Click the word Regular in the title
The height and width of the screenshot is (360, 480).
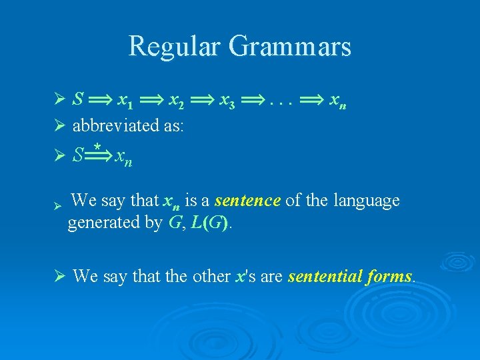click(x=174, y=47)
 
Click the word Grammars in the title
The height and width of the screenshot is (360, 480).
click(x=289, y=47)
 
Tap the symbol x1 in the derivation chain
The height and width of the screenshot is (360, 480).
click(x=125, y=101)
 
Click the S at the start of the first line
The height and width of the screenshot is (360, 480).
click(x=78, y=100)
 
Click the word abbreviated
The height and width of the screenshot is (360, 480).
click(x=110, y=125)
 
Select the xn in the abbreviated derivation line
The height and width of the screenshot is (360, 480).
click(x=123, y=157)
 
